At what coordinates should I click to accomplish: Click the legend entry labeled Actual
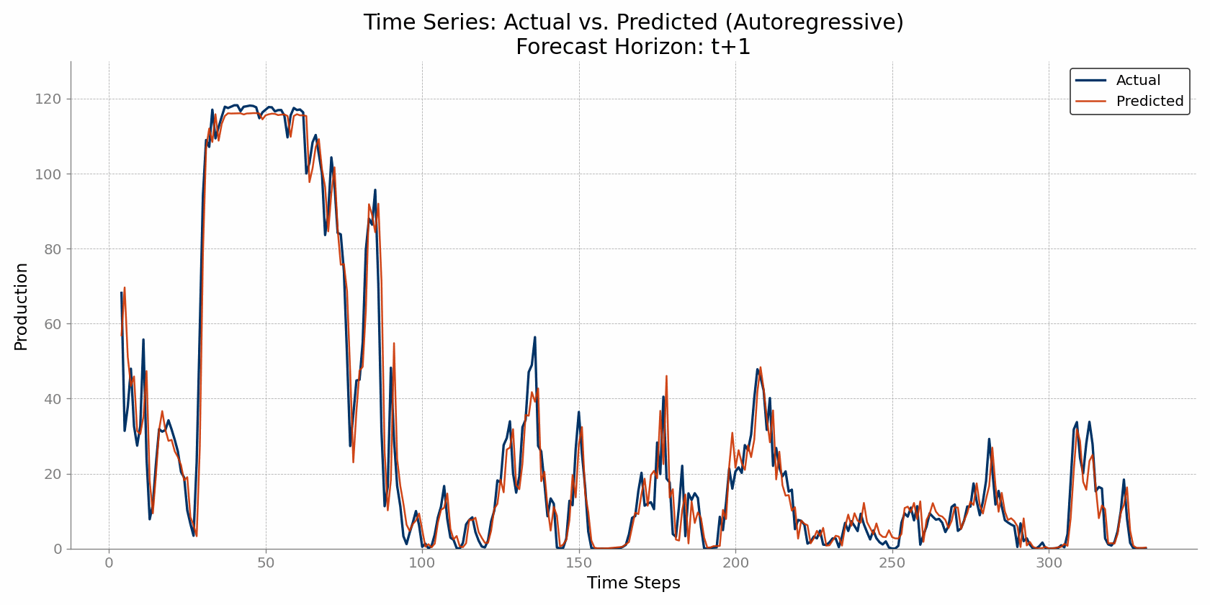click(1138, 81)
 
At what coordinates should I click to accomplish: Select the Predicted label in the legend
click(1149, 102)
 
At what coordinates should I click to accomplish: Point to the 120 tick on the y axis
click(49, 99)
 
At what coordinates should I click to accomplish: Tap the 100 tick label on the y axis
click(49, 174)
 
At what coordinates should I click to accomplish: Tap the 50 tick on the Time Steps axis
click(266, 563)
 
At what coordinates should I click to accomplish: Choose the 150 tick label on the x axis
click(578, 563)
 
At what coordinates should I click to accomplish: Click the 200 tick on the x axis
click(735, 563)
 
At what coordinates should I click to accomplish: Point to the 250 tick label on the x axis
click(892, 563)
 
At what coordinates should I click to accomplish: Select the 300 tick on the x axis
click(1049, 563)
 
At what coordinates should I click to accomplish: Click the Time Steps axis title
click(633, 583)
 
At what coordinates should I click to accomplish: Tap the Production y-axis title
click(22, 307)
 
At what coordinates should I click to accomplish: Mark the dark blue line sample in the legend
click(1091, 81)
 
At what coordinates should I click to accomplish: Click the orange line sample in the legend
click(1091, 102)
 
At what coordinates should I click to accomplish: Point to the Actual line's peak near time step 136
click(534, 337)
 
